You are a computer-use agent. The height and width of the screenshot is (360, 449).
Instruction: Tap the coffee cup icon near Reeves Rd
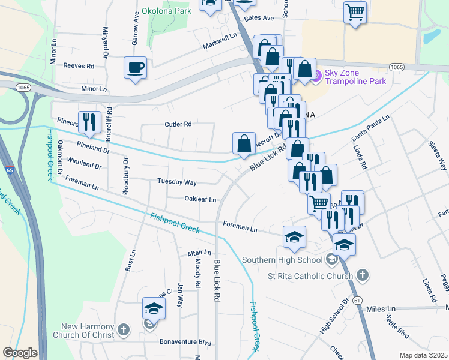click(x=135, y=67)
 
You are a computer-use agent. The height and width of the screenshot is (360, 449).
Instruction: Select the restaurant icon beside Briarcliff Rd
click(x=89, y=122)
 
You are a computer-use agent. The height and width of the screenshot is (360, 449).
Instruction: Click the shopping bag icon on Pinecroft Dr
click(x=244, y=143)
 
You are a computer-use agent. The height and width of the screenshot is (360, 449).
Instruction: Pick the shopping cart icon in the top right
click(x=355, y=11)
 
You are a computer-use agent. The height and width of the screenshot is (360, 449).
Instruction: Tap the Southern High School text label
click(x=282, y=260)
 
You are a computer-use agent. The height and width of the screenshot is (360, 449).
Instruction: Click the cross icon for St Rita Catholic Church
click(x=361, y=275)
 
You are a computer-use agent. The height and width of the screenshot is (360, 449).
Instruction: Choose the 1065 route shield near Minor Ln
click(x=23, y=87)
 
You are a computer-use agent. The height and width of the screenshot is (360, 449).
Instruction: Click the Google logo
click(x=20, y=352)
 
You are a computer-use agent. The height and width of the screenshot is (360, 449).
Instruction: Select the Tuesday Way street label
click(x=177, y=182)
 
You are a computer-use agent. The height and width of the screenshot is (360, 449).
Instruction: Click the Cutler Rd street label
click(x=178, y=124)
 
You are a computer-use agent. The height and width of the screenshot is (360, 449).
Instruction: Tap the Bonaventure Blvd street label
click(x=185, y=343)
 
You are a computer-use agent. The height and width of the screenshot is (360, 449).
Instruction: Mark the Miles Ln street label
click(x=381, y=308)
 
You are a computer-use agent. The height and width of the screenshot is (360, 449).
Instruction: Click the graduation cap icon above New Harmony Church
click(x=153, y=309)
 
